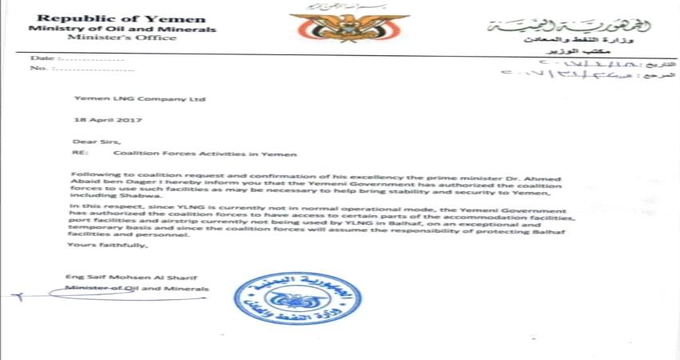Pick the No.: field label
click(39, 69)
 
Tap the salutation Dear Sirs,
click(90, 141)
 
